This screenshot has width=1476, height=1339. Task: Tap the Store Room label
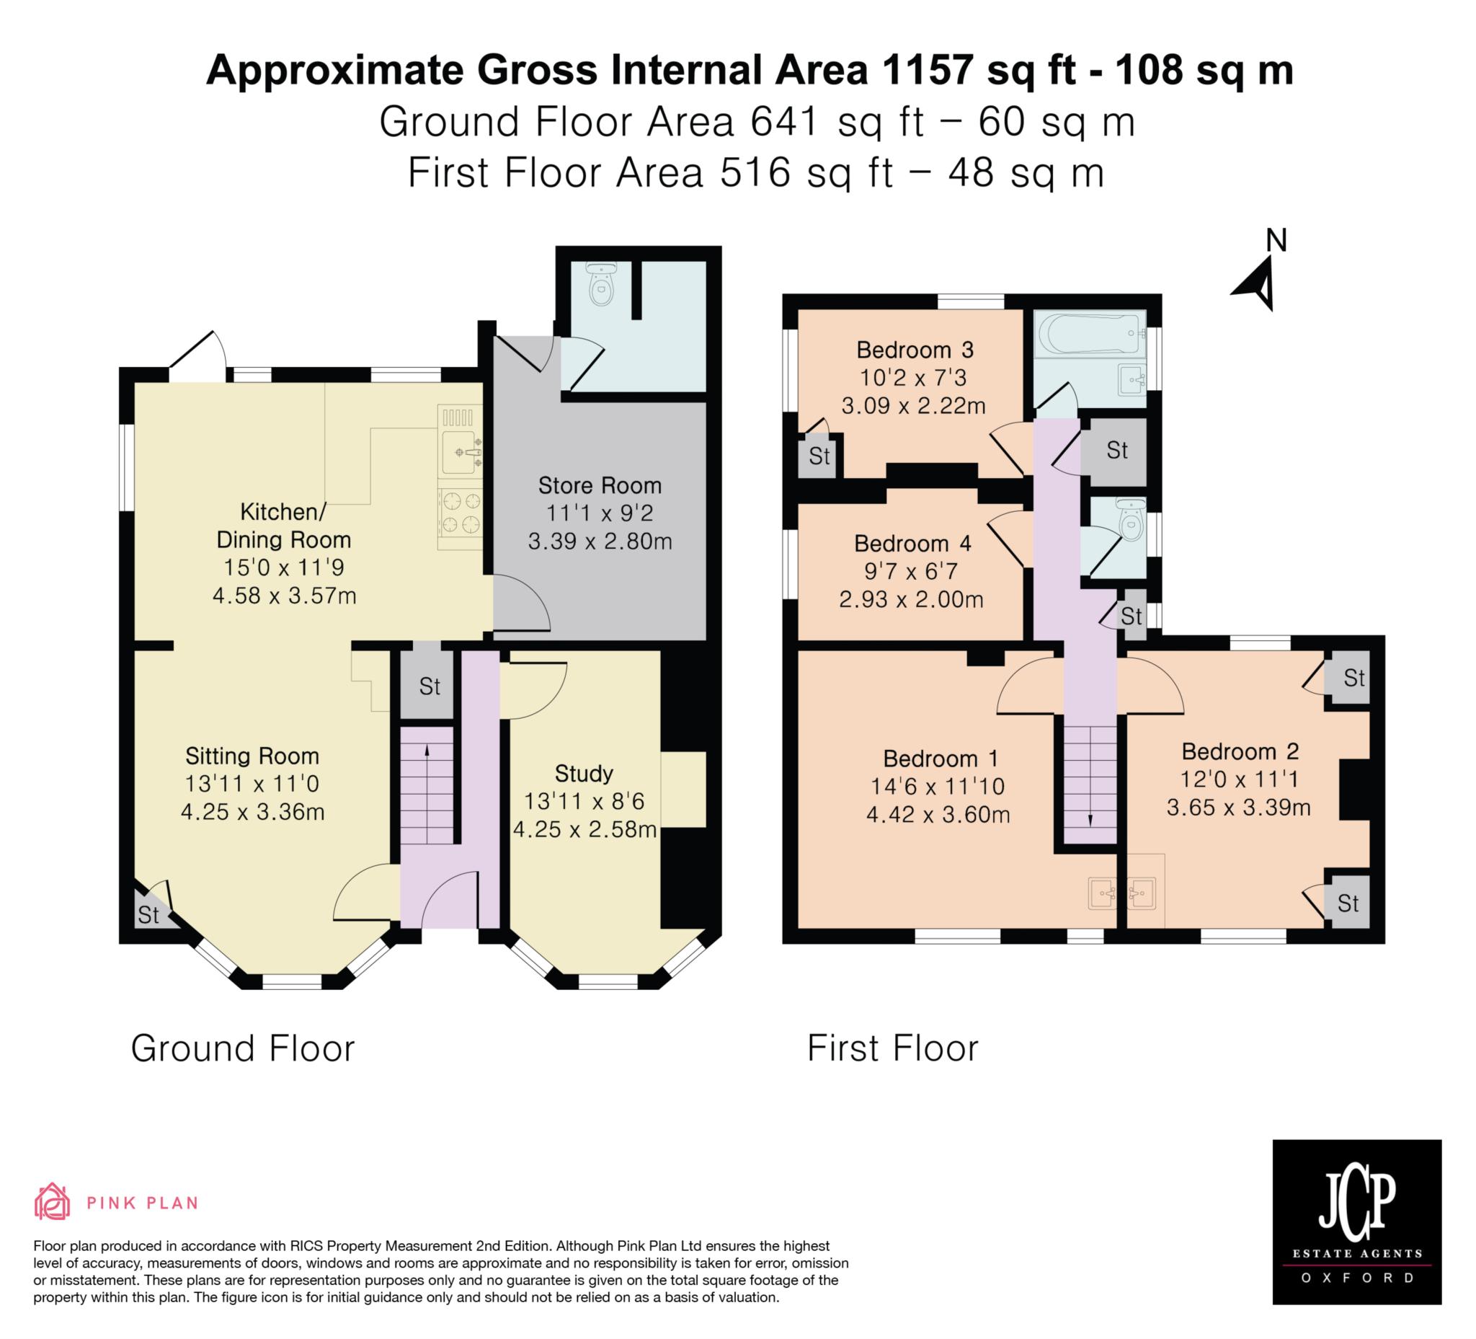[x=600, y=486]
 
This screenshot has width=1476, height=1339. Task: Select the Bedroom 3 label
[x=915, y=350]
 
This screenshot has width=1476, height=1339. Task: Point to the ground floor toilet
[x=602, y=284]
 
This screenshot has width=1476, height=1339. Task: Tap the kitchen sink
[x=460, y=451]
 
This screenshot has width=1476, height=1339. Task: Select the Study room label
[x=584, y=774]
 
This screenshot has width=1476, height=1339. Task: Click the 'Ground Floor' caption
[x=242, y=1048]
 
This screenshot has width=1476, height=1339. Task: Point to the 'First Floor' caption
[x=892, y=1048]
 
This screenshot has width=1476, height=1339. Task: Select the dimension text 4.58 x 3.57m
[x=284, y=596]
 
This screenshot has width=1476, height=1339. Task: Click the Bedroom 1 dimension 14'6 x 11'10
[x=938, y=787]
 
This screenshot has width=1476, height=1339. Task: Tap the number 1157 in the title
[x=928, y=71]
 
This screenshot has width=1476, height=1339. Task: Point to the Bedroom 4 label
[x=912, y=544]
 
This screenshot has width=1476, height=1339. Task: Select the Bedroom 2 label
[x=1240, y=751]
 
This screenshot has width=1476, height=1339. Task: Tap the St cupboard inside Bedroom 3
[x=819, y=456]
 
